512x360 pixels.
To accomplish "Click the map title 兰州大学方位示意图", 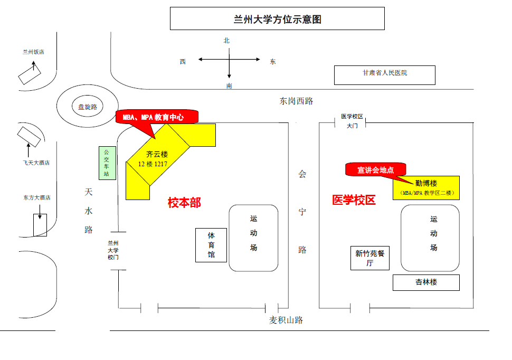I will [x=277, y=20].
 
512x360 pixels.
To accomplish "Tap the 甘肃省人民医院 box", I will [x=384, y=74].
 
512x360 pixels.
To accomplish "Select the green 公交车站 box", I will [x=107, y=163].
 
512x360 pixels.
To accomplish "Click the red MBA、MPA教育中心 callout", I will [x=156, y=117].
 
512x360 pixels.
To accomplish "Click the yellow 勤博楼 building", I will [x=426, y=187].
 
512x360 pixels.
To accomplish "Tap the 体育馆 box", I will [x=211, y=245].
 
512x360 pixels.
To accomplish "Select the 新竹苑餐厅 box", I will [x=369, y=258].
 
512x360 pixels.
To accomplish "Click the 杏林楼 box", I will [x=426, y=282].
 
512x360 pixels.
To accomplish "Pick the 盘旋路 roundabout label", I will [x=88, y=107].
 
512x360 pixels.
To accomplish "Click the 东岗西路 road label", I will [x=296, y=101].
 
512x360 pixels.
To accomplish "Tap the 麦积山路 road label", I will [x=286, y=320].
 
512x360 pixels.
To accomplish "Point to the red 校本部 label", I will [x=184, y=203].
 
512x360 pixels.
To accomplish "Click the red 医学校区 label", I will [x=354, y=200].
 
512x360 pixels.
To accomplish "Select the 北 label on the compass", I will [x=226, y=40].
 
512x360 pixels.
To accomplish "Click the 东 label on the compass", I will [x=273, y=61].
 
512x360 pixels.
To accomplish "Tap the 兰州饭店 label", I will [x=33, y=52].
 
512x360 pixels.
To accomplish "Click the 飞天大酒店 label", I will [x=36, y=163].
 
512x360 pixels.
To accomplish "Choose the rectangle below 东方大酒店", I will [x=40, y=225].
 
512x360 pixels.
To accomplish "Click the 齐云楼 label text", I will [x=157, y=154].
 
